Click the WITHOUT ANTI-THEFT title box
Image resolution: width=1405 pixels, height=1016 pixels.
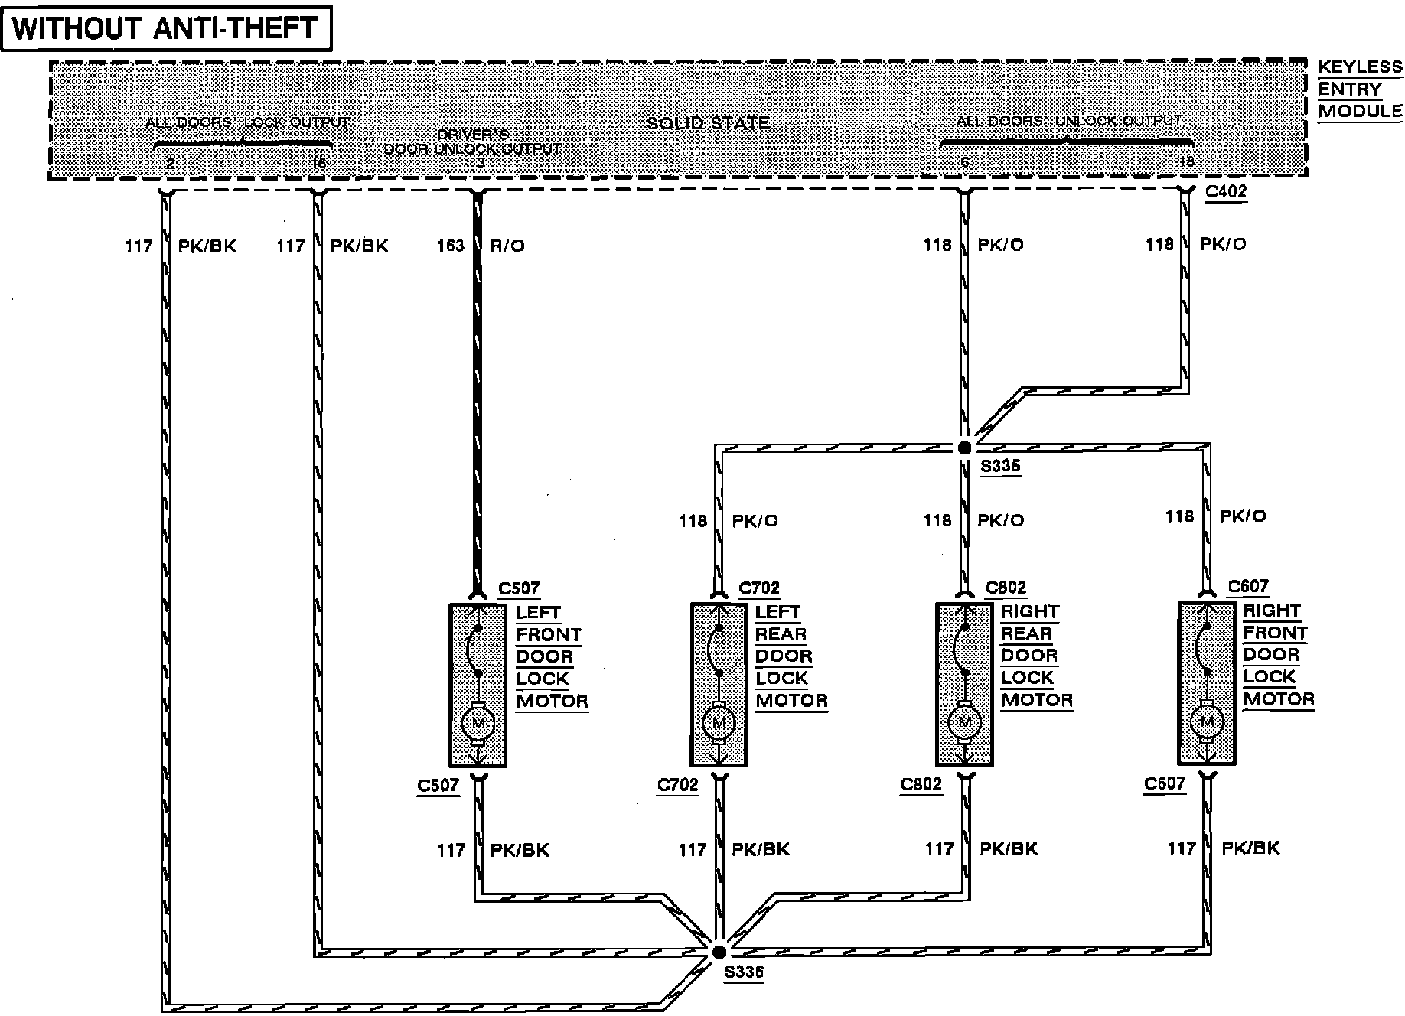pos(166,28)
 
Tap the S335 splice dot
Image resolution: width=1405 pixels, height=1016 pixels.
pos(964,448)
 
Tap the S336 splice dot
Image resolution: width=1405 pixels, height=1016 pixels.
pos(719,952)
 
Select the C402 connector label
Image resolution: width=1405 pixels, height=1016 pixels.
pos(1225,191)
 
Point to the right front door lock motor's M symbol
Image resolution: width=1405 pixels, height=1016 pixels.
pos(1207,721)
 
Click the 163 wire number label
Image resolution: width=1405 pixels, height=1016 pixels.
pos(450,246)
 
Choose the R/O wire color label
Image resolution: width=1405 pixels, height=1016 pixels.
pos(507,246)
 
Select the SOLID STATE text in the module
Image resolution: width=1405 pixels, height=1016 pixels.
pos(708,123)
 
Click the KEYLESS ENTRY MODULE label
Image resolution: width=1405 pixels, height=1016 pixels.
pos(1360,89)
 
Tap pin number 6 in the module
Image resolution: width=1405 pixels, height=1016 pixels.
pos(966,162)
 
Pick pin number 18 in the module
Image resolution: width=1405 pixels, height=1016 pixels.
pos(1186,162)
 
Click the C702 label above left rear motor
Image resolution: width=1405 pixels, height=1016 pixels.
pos(759,588)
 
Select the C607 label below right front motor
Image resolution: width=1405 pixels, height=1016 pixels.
pos(1165,783)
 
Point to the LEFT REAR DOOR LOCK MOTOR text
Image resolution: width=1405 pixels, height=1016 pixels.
pos(791,656)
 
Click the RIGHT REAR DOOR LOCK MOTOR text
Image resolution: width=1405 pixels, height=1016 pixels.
pos(1036,656)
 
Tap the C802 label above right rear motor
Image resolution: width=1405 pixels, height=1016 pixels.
pos(1006,588)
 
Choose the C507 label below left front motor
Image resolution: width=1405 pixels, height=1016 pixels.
pos(438,785)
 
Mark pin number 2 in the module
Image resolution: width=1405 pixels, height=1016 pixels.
pos(171,163)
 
